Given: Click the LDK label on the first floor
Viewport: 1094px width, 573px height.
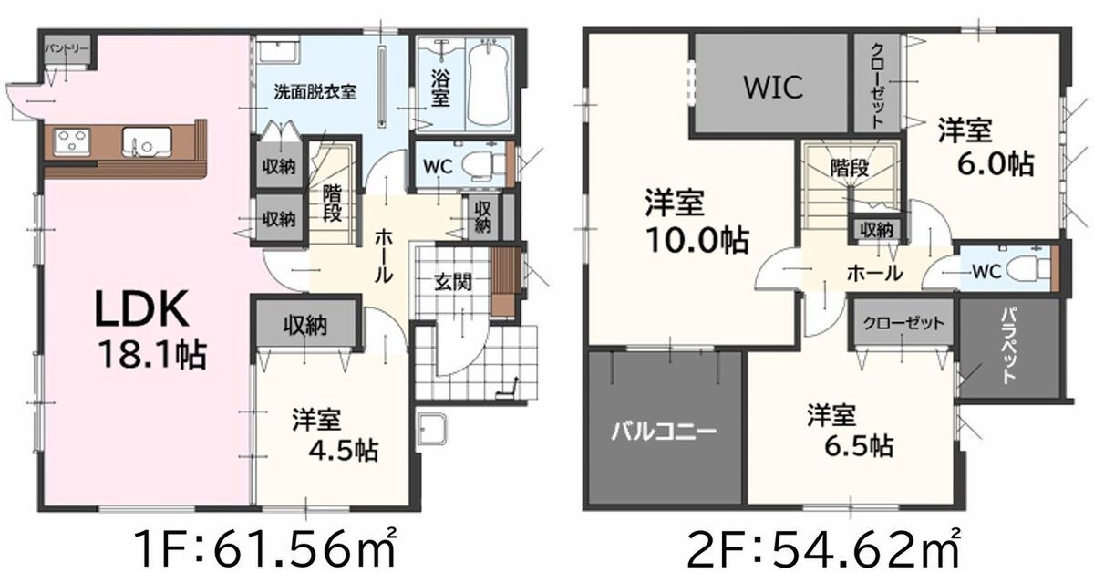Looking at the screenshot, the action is tap(141, 308).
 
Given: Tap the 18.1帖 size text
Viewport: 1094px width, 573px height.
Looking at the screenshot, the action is tap(152, 354).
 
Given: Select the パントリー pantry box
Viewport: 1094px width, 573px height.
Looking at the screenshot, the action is tap(67, 49).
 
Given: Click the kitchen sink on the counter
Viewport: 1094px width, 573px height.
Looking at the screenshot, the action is tap(147, 142).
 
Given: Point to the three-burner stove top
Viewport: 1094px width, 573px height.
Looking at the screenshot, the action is tap(72, 141).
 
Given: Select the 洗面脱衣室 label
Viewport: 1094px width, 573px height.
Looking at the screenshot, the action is tap(315, 91).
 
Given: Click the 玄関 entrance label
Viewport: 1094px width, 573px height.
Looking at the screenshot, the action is tap(453, 283).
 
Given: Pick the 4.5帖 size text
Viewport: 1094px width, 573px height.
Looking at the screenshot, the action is tap(344, 450).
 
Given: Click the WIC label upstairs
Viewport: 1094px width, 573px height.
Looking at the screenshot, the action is tap(773, 87).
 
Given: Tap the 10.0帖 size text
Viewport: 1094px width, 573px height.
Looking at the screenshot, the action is tap(697, 240).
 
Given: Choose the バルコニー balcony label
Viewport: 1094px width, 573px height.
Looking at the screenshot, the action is tap(664, 432).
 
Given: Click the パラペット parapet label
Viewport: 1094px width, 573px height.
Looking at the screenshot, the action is tap(1009, 346).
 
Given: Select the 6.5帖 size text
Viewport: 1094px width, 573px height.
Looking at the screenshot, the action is tap(859, 445).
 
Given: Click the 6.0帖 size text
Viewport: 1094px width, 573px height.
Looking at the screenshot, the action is tap(996, 164).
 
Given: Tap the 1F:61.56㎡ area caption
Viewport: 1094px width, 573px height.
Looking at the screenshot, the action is tap(264, 548).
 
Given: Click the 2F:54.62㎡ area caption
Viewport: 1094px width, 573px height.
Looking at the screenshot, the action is tap(823, 548).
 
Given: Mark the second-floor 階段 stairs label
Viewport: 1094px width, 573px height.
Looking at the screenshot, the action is tap(850, 169).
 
